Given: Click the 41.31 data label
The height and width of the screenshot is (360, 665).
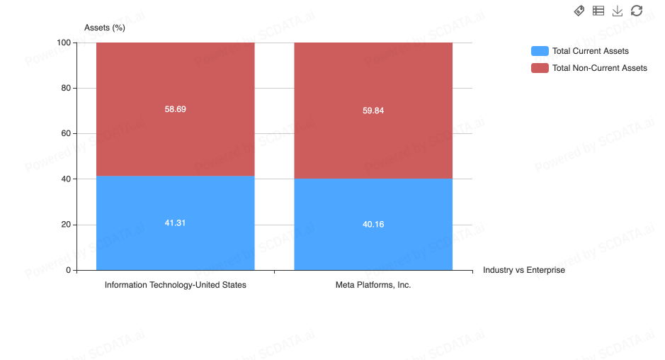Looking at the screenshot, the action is click(x=175, y=223).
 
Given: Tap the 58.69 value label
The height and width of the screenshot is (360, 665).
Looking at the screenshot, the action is click(x=175, y=109).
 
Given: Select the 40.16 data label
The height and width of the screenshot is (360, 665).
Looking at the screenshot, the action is click(x=373, y=224).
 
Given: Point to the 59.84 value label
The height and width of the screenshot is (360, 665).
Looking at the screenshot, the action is click(x=373, y=111).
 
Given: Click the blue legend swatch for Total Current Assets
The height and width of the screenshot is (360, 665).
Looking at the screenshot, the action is click(x=540, y=51).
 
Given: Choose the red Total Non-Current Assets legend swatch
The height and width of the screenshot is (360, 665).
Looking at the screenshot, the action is click(x=540, y=68).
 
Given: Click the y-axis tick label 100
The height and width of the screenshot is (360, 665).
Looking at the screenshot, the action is click(x=64, y=43).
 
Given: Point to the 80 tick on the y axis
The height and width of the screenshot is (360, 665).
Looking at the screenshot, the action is click(x=66, y=88).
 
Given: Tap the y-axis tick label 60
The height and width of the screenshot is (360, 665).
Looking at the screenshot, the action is click(x=66, y=133).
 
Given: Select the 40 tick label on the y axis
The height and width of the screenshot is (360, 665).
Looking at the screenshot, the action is click(x=66, y=179).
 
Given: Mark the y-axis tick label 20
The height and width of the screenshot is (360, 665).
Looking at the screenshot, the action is click(x=66, y=224).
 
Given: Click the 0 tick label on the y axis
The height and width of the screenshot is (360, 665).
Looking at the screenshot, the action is click(x=68, y=270).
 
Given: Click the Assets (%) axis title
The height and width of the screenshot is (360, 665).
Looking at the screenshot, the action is click(x=105, y=28).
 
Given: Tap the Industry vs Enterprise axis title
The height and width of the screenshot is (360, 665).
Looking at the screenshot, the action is click(x=524, y=270).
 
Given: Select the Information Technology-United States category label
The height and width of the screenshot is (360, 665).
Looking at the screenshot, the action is click(x=175, y=285).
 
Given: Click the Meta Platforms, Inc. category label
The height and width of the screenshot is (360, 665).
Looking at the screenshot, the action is click(x=373, y=285).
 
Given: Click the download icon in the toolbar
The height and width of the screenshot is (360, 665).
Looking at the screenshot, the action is click(x=618, y=11).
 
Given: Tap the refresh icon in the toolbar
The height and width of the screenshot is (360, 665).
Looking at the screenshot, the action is click(x=637, y=11).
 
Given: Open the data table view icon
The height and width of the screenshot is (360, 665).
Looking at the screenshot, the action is click(x=598, y=11).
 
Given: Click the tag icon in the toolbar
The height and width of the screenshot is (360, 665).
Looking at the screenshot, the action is click(x=579, y=11).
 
